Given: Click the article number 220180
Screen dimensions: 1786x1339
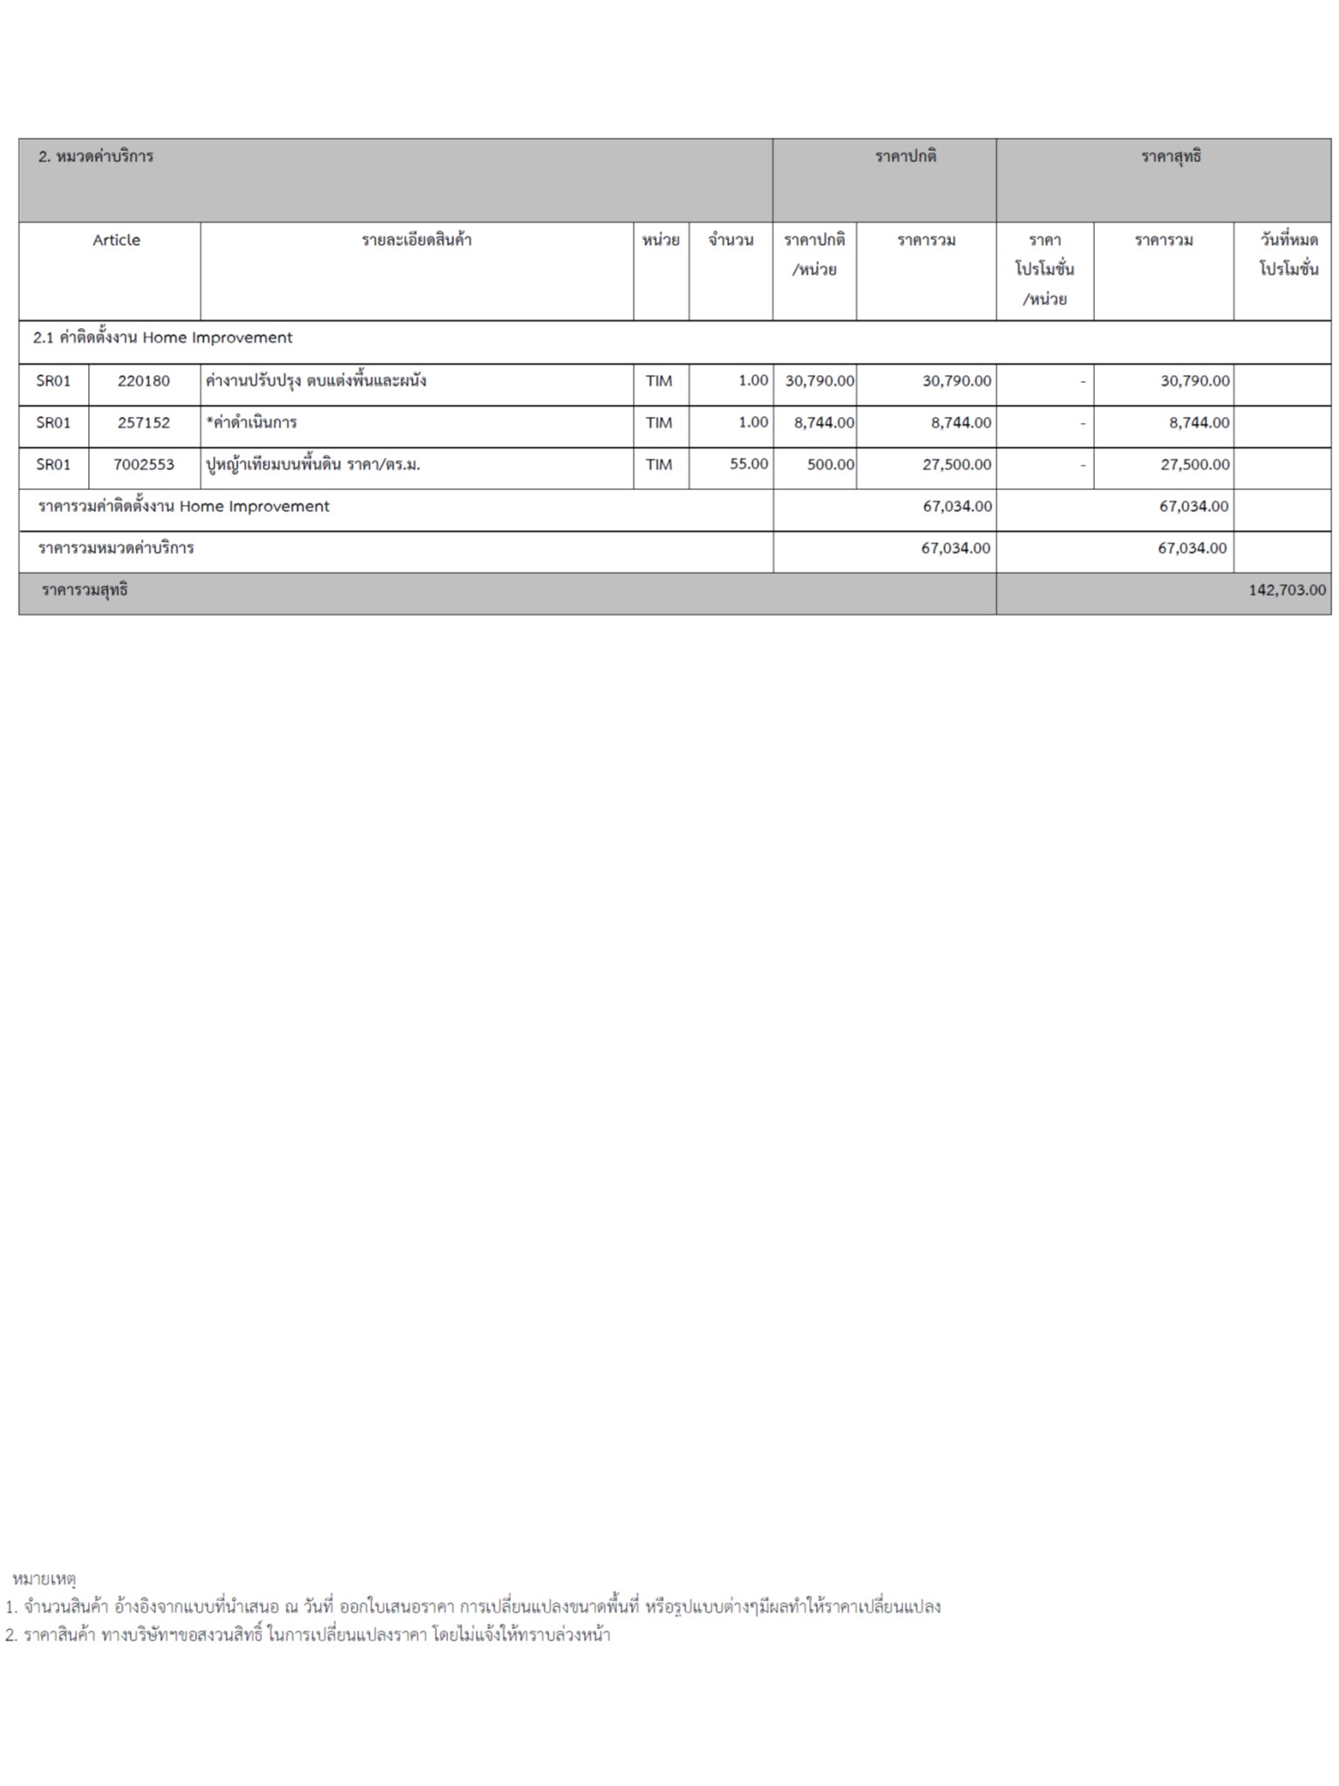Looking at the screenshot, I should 144,381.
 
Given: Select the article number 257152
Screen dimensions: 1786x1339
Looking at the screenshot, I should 144,423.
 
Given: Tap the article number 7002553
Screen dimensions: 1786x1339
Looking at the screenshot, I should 144,465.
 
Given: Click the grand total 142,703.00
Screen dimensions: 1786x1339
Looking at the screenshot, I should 1287,590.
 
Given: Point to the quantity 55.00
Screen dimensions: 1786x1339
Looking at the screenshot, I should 749,465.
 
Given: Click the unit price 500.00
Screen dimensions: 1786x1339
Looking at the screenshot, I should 830,465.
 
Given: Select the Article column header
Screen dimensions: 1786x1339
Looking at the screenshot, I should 116,241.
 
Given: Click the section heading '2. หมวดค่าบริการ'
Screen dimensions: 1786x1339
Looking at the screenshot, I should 96,157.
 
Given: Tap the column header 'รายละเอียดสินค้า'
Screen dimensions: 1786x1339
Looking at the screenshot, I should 417,241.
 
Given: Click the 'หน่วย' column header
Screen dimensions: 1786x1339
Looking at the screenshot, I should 661,241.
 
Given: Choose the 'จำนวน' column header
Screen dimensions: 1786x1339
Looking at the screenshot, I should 731,241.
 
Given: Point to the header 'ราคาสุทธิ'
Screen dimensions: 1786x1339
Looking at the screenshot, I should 1171,157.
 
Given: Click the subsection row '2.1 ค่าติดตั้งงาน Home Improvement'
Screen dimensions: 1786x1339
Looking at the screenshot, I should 163,338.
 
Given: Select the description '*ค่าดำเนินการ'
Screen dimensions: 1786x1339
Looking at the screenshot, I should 251,423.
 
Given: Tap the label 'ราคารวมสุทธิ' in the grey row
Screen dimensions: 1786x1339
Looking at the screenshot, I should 85,590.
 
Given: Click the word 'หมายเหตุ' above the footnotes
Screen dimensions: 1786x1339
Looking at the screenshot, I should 44,1579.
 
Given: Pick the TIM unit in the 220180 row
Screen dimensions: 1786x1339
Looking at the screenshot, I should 659,381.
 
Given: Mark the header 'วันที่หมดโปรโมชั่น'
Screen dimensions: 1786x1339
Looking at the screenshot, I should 1288,254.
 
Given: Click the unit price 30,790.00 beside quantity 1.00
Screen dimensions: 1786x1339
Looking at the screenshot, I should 819,381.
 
